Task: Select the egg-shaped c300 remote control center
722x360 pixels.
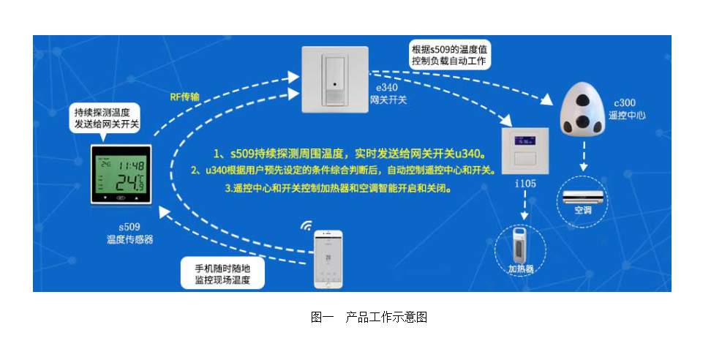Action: (x=583, y=110)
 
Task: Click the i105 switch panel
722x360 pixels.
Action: (x=524, y=150)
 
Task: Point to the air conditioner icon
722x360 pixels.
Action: (x=583, y=195)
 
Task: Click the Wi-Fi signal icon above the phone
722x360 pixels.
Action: (x=306, y=226)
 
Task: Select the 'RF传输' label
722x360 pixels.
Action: (x=184, y=96)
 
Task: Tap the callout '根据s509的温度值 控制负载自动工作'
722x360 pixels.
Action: (x=448, y=56)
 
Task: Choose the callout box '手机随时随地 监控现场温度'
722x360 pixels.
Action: (x=222, y=273)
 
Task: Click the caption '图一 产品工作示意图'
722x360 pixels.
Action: (x=369, y=317)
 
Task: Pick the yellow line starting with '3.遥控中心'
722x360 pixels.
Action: (x=337, y=187)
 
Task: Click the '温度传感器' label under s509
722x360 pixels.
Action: (x=130, y=239)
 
